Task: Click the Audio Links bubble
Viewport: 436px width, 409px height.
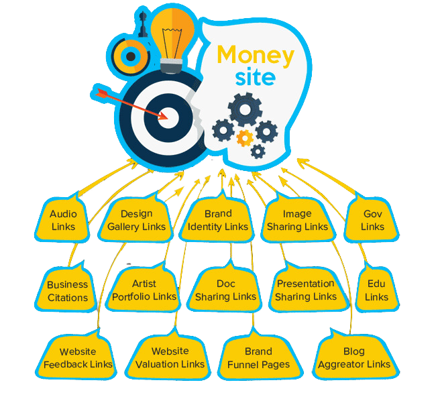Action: tap(63, 221)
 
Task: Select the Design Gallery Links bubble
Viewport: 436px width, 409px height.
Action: tap(137, 221)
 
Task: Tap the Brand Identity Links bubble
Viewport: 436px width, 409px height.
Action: tap(218, 221)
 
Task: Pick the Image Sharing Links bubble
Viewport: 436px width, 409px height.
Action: tap(297, 221)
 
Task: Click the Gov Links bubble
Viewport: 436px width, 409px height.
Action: tap(372, 221)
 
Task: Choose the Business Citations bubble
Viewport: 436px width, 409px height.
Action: tap(67, 291)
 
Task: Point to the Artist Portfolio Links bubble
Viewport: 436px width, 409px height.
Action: tap(144, 290)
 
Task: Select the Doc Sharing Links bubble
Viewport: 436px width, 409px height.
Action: tap(225, 290)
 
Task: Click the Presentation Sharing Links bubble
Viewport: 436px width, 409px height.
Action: tap(306, 290)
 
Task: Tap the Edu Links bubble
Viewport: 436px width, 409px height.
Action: tap(376, 290)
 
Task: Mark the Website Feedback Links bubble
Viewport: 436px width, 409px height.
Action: tap(78, 358)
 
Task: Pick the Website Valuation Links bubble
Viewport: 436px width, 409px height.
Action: tap(170, 358)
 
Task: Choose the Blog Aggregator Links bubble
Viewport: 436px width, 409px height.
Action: tap(353, 358)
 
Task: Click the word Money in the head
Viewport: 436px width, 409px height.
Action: tap(256, 55)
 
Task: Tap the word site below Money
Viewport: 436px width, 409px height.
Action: tap(255, 77)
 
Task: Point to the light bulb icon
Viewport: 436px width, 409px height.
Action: tap(172, 34)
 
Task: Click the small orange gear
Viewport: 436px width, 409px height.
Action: tap(245, 137)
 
